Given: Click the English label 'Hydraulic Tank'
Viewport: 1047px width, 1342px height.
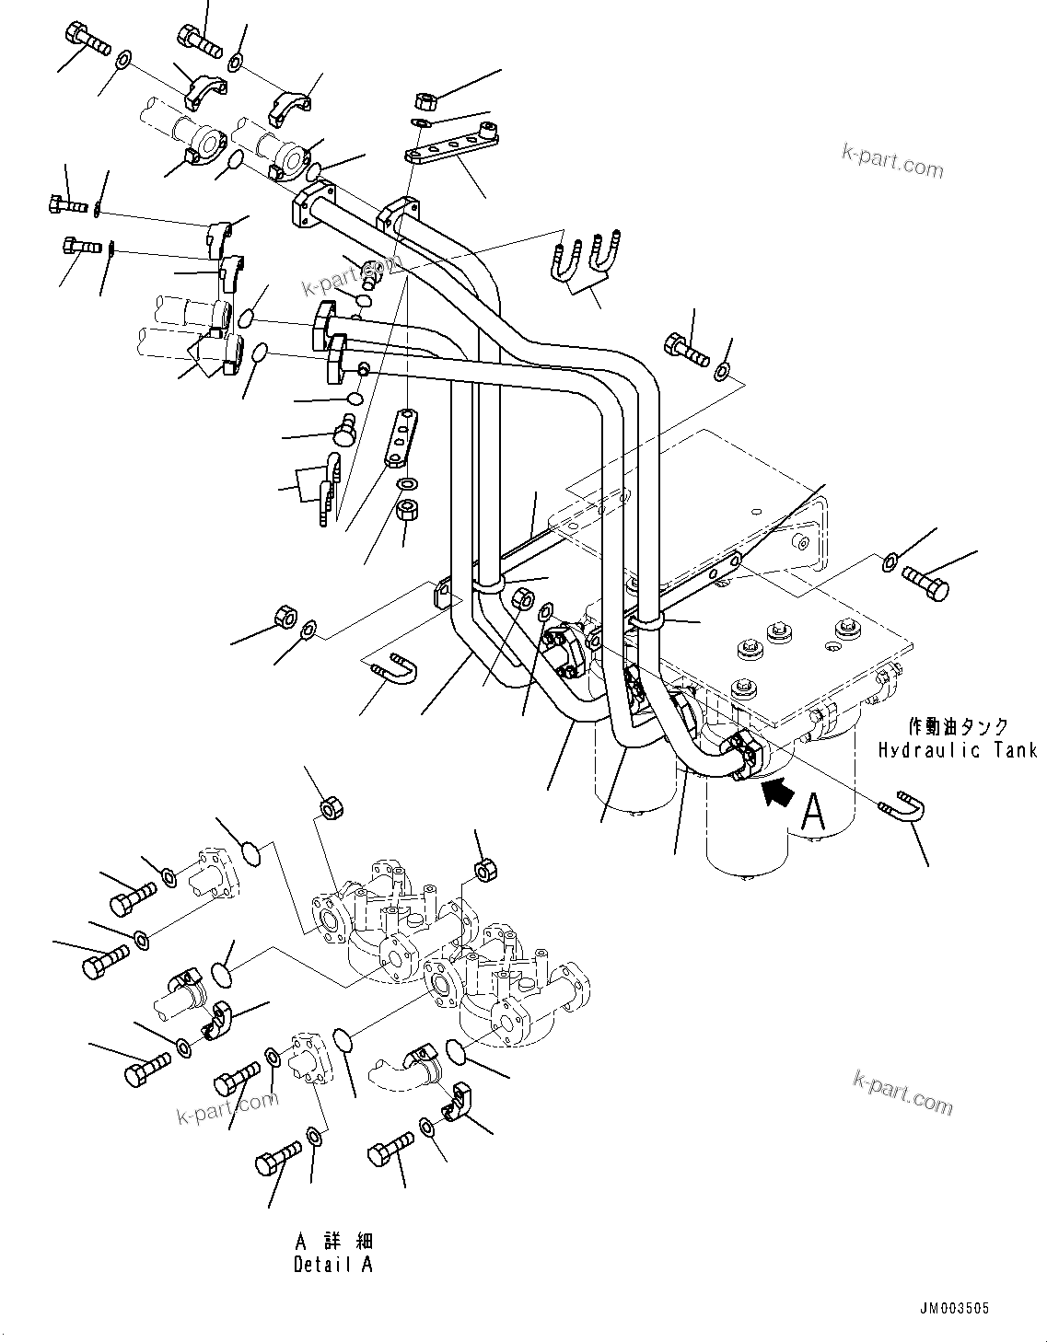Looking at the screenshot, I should coord(957,749).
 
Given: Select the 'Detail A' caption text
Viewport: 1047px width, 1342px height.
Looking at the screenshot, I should coord(332,1264).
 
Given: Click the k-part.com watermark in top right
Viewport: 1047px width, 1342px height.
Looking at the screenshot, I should coord(891,163).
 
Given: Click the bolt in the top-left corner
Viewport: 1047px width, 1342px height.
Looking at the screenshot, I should coord(85,39).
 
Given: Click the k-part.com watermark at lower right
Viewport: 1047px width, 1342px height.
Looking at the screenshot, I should coord(902,1093).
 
